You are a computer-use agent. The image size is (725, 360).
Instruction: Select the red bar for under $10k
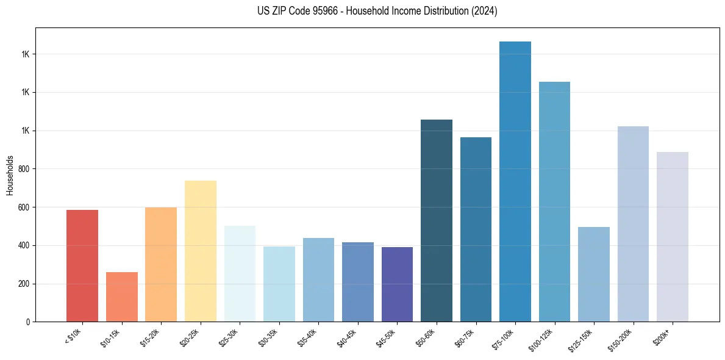coord(82,265)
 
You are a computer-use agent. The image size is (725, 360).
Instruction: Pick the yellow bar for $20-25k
coord(200,251)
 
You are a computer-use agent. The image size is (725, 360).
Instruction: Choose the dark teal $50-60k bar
coord(437,220)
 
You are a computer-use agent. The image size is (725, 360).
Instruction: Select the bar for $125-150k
coord(593,274)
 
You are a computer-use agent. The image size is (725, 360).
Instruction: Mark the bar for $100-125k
coord(554,201)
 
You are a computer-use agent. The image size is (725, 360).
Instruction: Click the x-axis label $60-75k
coord(465,337)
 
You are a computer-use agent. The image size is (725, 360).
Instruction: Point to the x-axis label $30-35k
coord(268,337)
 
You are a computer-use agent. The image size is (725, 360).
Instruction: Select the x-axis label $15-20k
coord(150,337)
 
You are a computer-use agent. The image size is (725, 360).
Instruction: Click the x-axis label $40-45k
coord(346,337)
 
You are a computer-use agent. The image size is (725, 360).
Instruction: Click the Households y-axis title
coord(10,175)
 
